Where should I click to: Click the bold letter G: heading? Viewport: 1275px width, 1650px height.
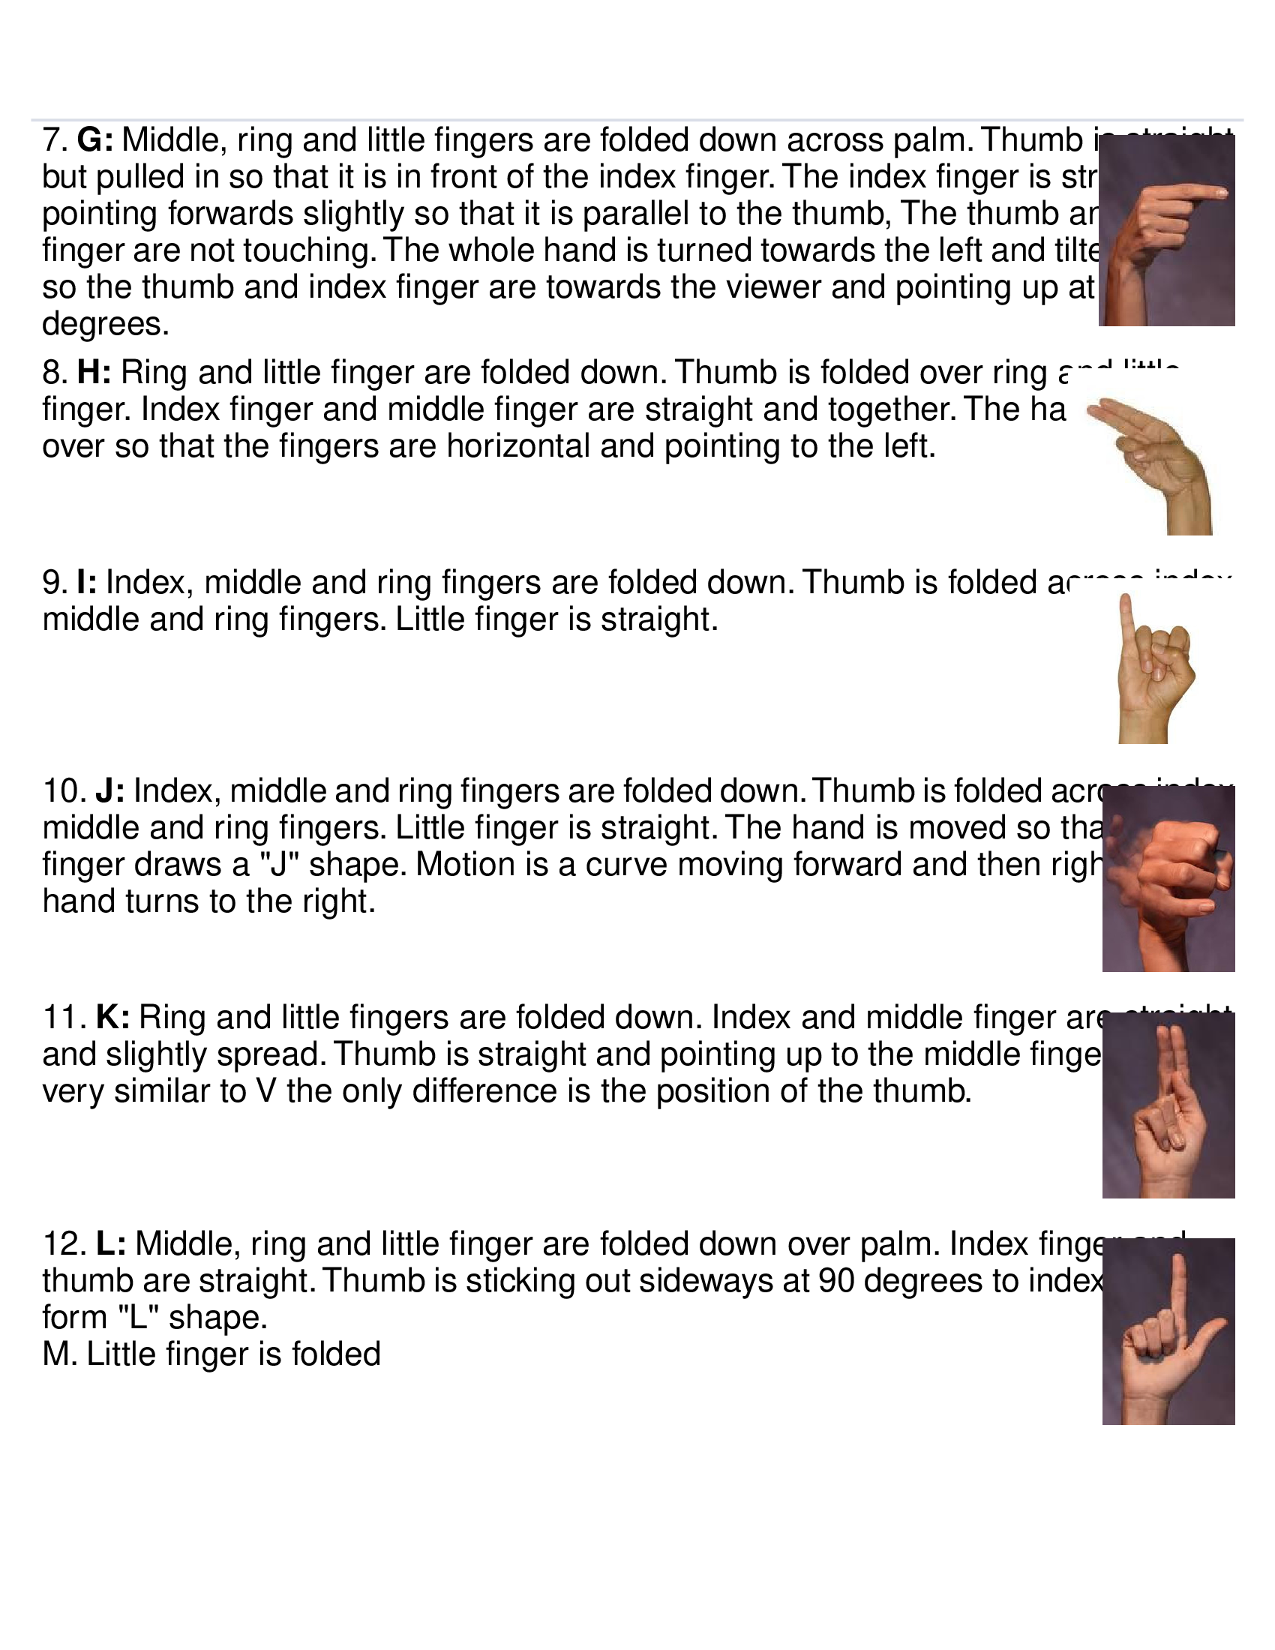95,140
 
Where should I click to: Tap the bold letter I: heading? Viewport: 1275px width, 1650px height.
86,583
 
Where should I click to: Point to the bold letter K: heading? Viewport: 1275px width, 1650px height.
112,1018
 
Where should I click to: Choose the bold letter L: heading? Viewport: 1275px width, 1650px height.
111,1243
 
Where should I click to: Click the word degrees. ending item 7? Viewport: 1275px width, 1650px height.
105,325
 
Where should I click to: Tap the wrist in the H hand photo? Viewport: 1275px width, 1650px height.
1189,514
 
